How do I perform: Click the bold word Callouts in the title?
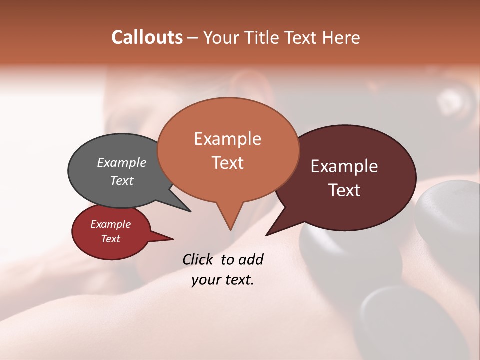(x=147, y=37)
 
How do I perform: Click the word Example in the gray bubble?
(x=121, y=162)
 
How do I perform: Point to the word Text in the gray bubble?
(x=121, y=180)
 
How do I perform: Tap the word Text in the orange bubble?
(x=227, y=162)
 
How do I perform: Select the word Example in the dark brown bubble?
(x=344, y=166)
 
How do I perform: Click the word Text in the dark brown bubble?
(x=344, y=190)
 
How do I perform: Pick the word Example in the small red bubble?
(x=110, y=224)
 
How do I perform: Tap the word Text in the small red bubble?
(x=110, y=239)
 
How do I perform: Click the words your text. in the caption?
(x=222, y=280)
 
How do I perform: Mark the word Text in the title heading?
(x=302, y=37)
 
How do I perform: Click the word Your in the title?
(x=221, y=37)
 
